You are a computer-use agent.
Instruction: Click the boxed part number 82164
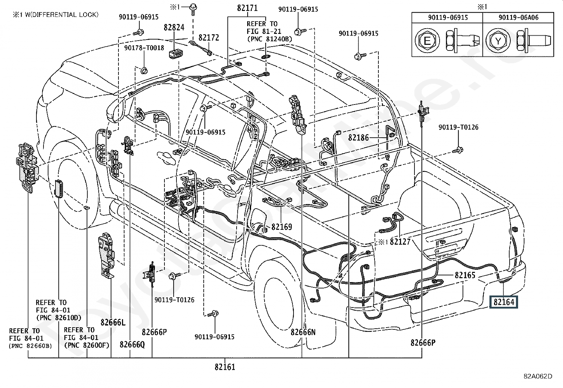tap(504, 302)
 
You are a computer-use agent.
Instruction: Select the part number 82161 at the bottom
tap(225, 367)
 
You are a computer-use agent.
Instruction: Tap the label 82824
tap(174, 27)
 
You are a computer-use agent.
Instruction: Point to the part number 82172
tap(209, 38)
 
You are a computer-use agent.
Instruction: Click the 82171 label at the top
tap(247, 8)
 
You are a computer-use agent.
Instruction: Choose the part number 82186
tap(358, 138)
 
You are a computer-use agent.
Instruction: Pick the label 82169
tap(282, 227)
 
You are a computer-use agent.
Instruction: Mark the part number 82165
tap(465, 275)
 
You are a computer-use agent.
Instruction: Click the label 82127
tap(400, 242)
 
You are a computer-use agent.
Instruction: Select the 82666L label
tap(113, 322)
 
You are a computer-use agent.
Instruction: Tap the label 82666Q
tap(132, 345)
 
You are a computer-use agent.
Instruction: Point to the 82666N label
tap(303, 332)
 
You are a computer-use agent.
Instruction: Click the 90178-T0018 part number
tap(144, 48)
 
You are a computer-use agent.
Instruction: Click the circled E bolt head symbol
tap(427, 41)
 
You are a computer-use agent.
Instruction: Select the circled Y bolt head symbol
tap(498, 41)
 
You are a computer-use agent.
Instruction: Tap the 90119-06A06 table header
tap(518, 17)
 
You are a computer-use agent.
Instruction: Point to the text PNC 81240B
tap(270, 39)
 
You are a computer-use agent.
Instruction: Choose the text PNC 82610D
tap(59, 318)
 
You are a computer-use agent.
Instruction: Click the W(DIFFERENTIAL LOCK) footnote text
tap(62, 14)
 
